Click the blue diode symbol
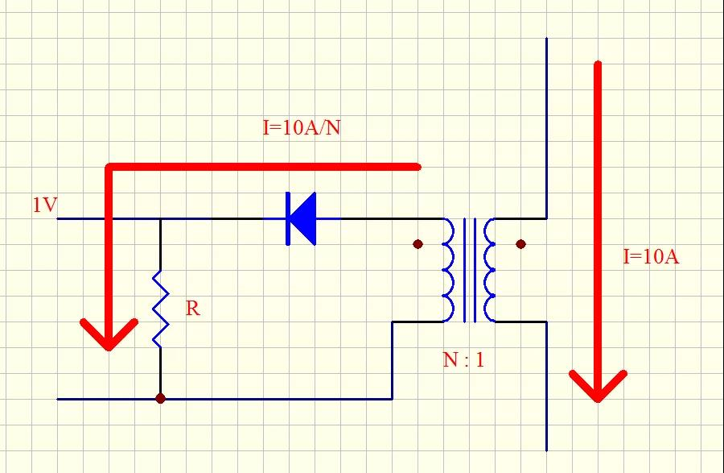pos(301,218)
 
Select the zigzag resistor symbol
pos(161,309)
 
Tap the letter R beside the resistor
pos(193,309)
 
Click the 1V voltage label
pos(45,205)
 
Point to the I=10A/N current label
pos(302,127)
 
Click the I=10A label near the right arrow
pos(651,256)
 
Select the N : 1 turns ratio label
pos(463,359)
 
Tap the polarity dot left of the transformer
pos(418,244)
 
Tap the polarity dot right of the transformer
pos(520,244)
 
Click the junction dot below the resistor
pos(160,398)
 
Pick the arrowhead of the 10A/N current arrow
pos(109,335)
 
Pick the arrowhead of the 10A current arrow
pos(598,387)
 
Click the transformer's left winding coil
pos(448,270)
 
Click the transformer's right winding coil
pos(489,270)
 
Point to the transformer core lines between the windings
pos(469,270)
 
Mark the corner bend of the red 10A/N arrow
pos(109,167)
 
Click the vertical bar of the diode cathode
pos(288,218)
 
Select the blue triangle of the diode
pos(305,218)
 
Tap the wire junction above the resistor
pos(160,218)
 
